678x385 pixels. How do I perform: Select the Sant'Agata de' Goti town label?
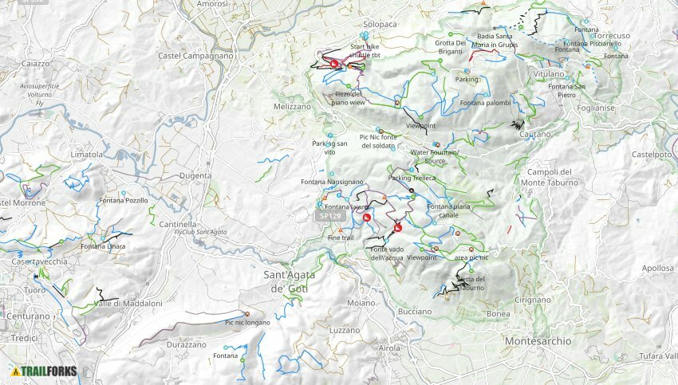(283, 281)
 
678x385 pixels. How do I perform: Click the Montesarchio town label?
(538, 340)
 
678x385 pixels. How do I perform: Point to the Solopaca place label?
(380, 25)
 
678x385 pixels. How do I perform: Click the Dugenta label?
(196, 175)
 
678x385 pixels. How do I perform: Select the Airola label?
(390, 348)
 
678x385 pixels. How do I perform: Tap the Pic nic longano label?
(247, 322)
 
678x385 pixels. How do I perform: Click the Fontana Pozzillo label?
(124, 201)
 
